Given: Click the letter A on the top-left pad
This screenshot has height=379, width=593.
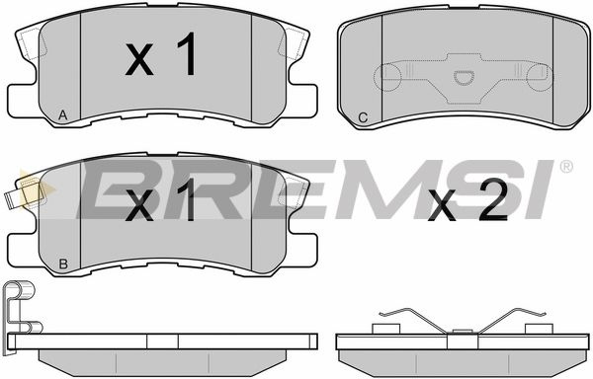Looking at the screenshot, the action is pos(63,114).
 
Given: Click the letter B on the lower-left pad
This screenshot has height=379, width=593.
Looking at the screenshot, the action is pos(63,264).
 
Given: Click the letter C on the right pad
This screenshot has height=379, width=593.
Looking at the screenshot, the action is pos(363,117).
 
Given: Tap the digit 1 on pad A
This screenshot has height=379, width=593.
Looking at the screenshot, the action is pos(187,54).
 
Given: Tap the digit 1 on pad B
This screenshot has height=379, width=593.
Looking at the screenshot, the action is pos(186,199).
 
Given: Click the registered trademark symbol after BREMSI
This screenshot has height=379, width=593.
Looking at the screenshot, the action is pos(565,167).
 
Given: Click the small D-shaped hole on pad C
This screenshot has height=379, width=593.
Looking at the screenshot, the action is pos(464,77).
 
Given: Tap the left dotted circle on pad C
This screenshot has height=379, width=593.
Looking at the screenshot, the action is pos(386,77).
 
